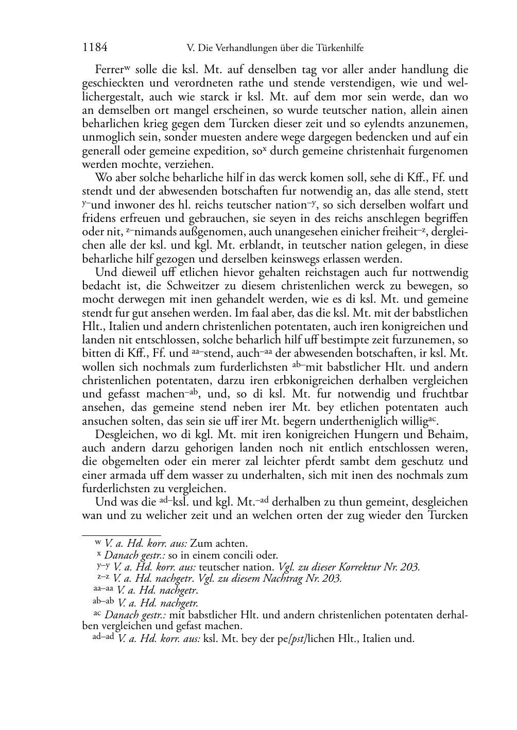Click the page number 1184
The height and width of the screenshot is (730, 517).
tap(95, 48)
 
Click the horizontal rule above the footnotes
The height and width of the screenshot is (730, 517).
tap(122, 534)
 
